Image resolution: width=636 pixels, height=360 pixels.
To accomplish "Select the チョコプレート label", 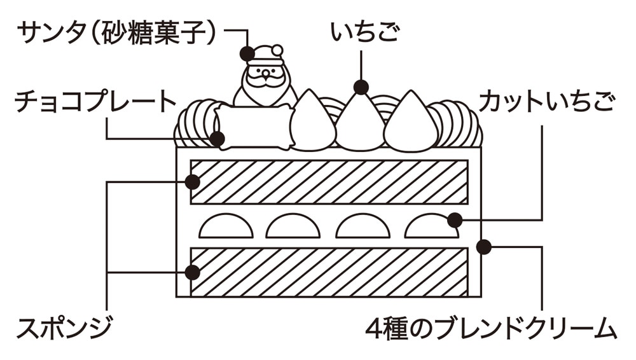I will (x=96, y=102).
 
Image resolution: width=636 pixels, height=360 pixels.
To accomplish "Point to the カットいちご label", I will (x=548, y=102).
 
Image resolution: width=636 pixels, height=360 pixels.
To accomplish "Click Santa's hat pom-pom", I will (x=277, y=50).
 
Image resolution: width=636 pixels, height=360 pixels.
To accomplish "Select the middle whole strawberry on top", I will (x=361, y=124).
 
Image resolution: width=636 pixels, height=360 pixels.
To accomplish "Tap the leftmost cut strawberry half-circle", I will (x=226, y=228).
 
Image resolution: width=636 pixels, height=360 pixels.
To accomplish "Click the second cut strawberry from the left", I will (x=293, y=228).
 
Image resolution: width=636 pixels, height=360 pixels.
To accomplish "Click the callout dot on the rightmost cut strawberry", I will (x=454, y=220).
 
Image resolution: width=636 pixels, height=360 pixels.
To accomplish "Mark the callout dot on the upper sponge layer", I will (x=193, y=181).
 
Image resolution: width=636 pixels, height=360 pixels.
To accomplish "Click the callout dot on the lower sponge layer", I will (x=193, y=273).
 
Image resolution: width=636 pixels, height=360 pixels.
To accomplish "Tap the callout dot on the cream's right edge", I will (x=484, y=246).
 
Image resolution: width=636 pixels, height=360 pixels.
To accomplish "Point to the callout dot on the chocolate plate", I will (x=218, y=138).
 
